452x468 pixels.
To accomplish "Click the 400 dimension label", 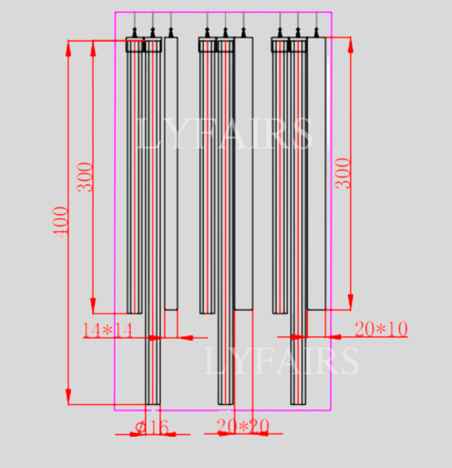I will point(61,221).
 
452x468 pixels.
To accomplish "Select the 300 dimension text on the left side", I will point(85,176).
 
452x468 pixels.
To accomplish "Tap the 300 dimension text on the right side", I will point(343,173).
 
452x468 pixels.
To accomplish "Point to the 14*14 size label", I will point(107,330).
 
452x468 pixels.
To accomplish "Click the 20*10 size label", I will point(381,329).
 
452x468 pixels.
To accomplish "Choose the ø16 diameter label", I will point(151,426).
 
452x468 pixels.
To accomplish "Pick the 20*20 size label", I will point(242,426).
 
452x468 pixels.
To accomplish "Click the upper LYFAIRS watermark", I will point(224,133).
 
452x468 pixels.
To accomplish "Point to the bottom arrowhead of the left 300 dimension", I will point(93,306).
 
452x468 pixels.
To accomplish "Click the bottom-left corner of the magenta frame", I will point(115,410).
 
